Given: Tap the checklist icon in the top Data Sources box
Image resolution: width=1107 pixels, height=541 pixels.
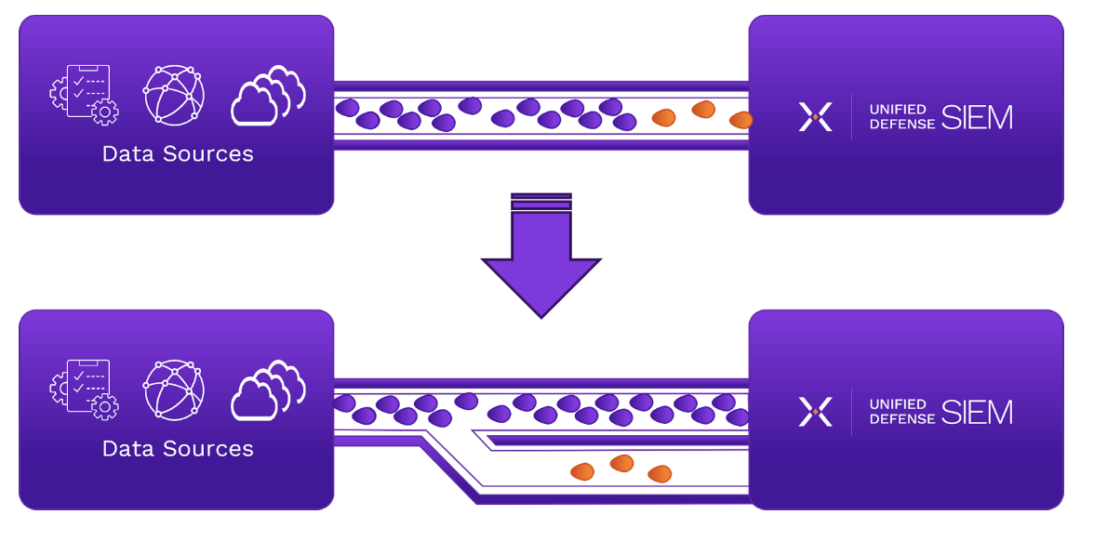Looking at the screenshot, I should pyautogui.click(x=83, y=94).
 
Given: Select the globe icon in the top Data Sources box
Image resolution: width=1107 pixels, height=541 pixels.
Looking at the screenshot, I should pyautogui.click(x=174, y=94).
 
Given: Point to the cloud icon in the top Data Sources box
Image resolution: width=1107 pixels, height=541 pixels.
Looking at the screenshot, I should pyautogui.click(x=268, y=95).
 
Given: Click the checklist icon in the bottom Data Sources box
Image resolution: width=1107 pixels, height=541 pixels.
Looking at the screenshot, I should pyautogui.click(x=83, y=389).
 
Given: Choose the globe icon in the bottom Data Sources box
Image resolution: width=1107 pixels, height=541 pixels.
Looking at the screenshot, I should pyautogui.click(x=174, y=389).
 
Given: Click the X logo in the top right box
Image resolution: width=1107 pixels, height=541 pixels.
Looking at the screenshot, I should pyautogui.click(x=815, y=116).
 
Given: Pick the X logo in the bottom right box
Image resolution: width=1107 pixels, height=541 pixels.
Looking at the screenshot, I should pyautogui.click(x=815, y=412).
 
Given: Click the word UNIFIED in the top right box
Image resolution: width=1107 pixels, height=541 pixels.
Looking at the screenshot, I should pyautogui.click(x=898, y=110).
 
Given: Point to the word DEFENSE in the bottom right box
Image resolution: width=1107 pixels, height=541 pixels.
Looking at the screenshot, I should pyautogui.click(x=902, y=419).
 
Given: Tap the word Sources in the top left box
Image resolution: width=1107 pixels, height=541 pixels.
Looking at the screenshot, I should pyautogui.click(x=208, y=153).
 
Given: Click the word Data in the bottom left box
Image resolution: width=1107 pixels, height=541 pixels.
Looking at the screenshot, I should pyautogui.click(x=127, y=449).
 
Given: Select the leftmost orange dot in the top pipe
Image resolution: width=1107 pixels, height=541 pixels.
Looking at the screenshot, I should pyautogui.click(x=663, y=117).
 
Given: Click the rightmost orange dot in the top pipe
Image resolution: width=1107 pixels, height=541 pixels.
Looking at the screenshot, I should pyautogui.click(x=741, y=120).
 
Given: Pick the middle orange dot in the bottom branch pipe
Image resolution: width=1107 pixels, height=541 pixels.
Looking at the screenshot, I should pyautogui.click(x=621, y=463).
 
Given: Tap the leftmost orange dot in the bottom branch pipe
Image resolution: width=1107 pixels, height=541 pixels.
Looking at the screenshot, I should pyautogui.click(x=582, y=471).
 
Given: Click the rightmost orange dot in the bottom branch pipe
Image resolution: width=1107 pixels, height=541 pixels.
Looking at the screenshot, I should pyautogui.click(x=660, y=474).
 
